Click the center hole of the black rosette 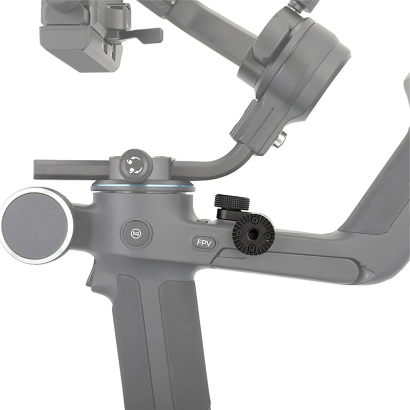(253, 233)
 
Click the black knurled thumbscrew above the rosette (232, 204)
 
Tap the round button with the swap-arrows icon (136, 233)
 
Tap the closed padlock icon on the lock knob (133, 171)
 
